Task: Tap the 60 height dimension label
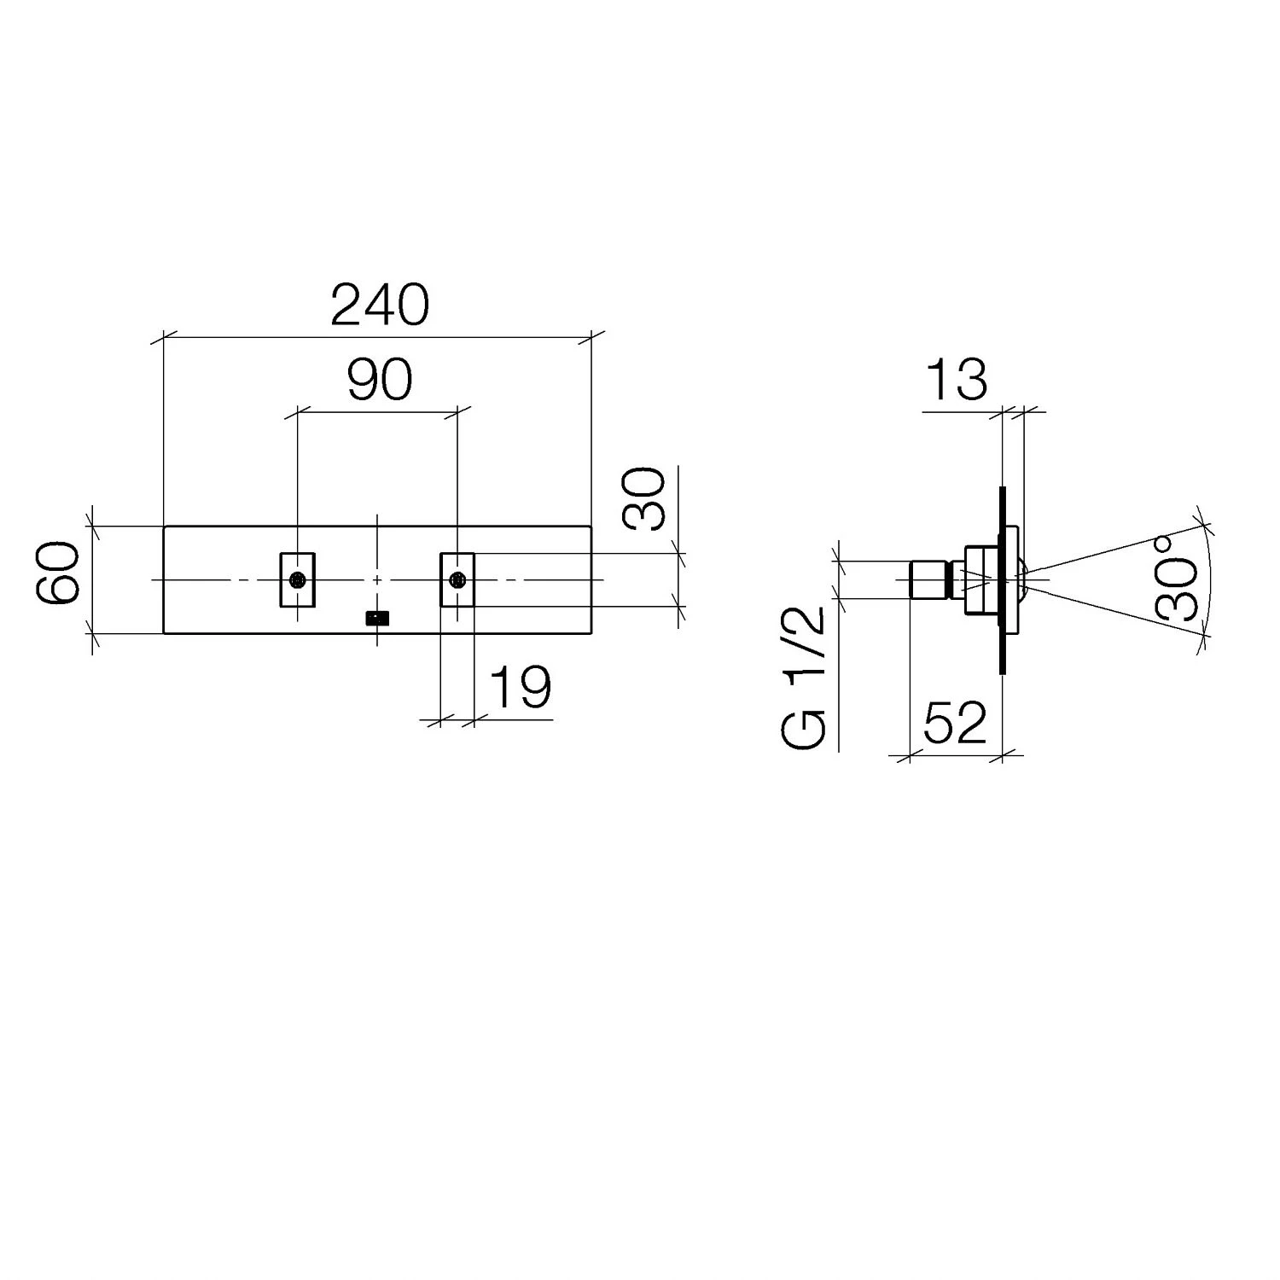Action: click(60, 573)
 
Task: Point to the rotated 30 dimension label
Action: click(645, 498)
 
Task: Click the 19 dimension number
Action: click(521, 688)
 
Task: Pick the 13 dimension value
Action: click(956, 380)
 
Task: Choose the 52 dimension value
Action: click(955, 724)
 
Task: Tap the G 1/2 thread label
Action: click(804, 677)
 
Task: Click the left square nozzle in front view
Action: click(298, 580)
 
